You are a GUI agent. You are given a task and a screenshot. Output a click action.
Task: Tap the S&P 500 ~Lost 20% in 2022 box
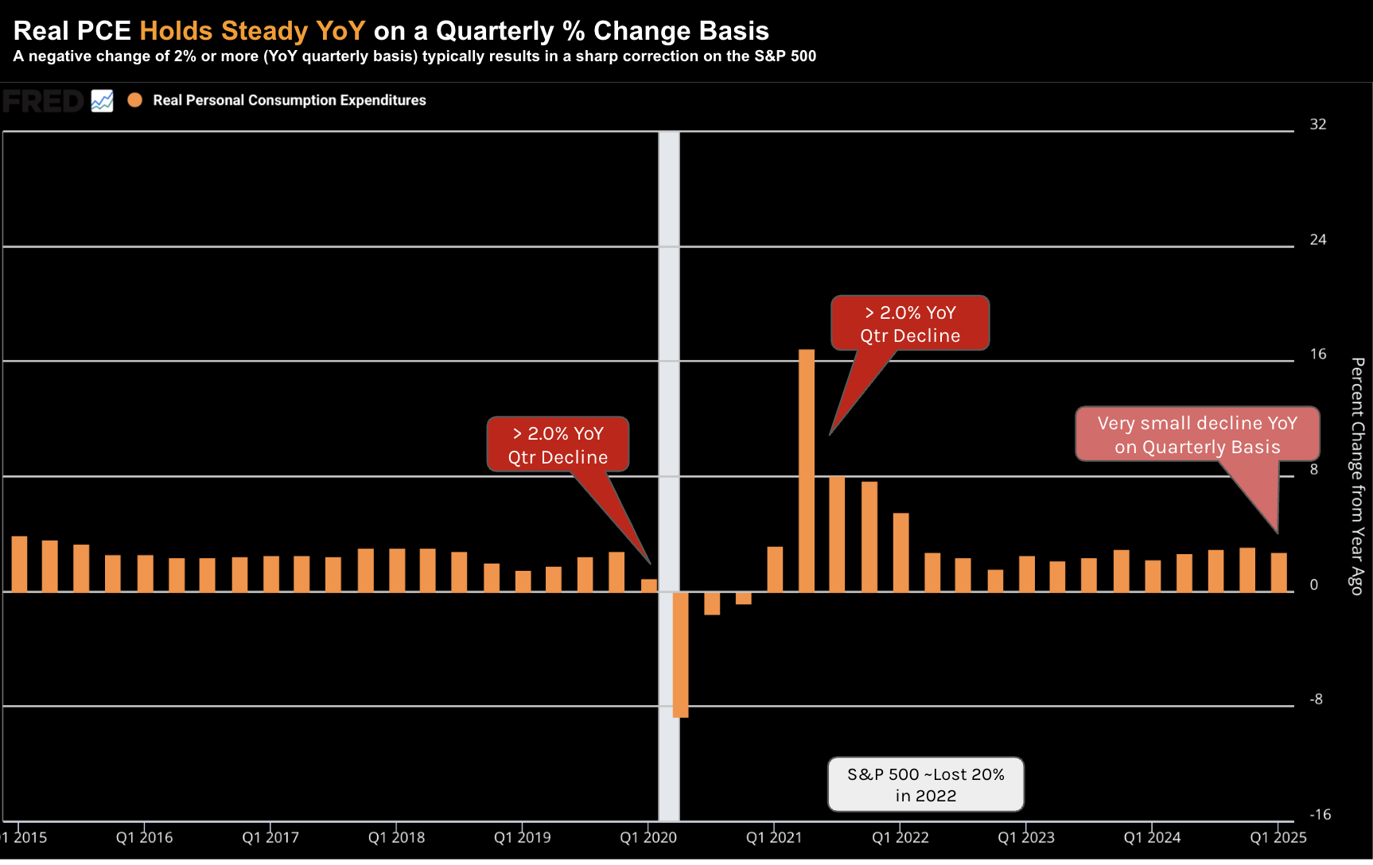(x=925, y=785)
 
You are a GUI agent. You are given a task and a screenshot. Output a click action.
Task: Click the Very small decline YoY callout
(x=1197, y=435)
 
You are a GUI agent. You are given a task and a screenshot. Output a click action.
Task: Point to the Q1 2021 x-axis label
(x=774, y=837)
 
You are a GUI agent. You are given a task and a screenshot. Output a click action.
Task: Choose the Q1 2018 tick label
(x=396, y=837)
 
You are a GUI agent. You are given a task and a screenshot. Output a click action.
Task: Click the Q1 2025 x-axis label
(x=1278, y=837)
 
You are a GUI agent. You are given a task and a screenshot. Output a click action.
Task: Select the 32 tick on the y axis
(x=1318, y=124)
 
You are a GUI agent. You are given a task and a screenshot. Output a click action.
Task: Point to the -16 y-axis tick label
(x=1320, y=814)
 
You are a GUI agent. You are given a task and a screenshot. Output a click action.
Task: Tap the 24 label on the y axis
(x=1318, y=239)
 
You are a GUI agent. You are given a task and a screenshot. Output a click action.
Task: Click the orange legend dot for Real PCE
(x=135, y=100)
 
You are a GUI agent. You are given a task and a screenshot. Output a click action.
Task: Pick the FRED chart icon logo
(x=102, y=101)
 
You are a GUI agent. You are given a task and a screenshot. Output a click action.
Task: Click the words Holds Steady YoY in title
(x=252, y=31)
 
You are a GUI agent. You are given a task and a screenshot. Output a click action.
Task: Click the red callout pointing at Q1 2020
(x=558, y=445)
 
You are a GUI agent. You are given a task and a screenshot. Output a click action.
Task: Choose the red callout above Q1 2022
(x=910, y=324)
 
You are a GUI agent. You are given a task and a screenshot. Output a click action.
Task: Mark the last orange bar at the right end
(x=1278, y=572)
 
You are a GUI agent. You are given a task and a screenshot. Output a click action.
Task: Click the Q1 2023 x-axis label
(x=1026, y=837)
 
